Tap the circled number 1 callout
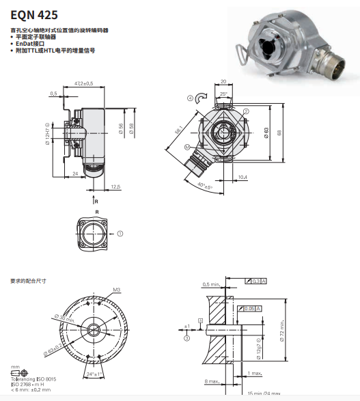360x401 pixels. (x=120, y=233)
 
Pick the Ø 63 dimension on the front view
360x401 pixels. (x=266, y=132)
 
